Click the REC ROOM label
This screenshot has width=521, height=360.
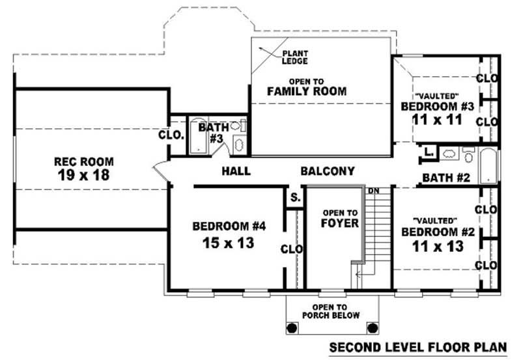click(x=83, y=161)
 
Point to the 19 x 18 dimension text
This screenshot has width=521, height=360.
click(x=83, y=175)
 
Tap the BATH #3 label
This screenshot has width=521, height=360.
click(x=213, y=133)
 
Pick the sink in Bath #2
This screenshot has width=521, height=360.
click(x=449, y=154)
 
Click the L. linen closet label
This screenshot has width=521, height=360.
click(x=427, y=152)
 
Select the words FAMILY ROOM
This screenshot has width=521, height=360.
click(x=307, y=92)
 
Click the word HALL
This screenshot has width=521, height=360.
click(x=236, y=172)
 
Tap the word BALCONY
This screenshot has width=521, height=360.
click(x=328, y=172)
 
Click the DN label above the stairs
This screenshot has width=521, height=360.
click(x=374, y=191)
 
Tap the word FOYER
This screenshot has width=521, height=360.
click(x=339, y=223)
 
